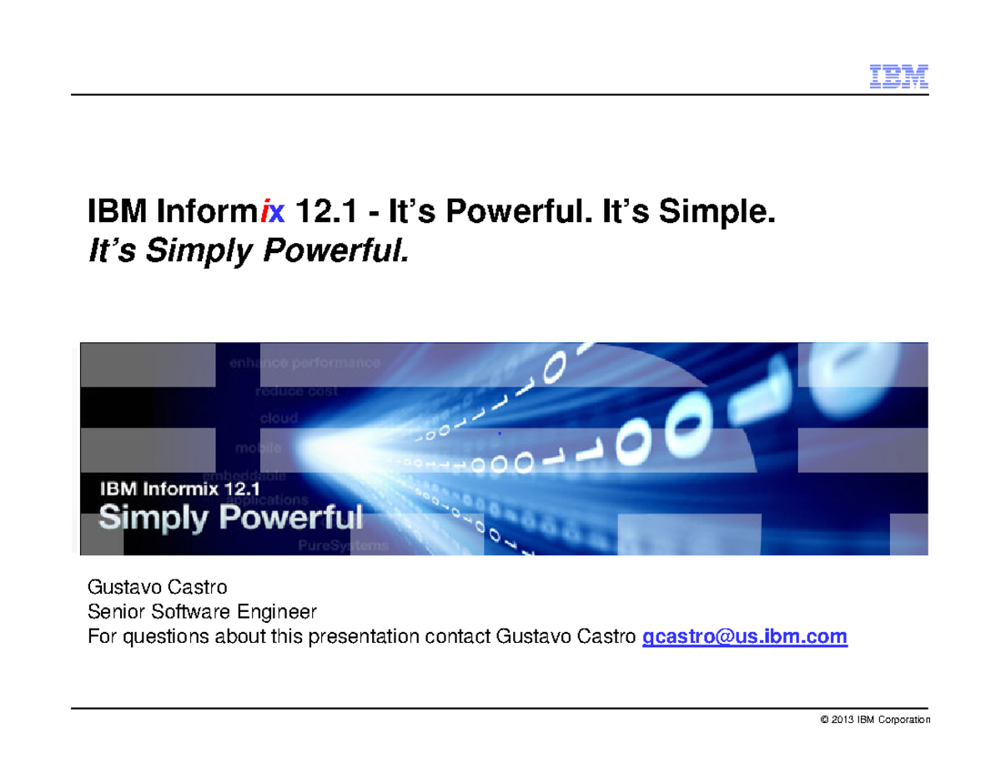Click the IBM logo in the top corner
pos(899,77)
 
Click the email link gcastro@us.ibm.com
pos(744,637)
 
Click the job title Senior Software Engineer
pos(203,612)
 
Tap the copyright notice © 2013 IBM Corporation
pos(875,720)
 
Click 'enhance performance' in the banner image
pos(304,363)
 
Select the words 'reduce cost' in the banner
pos(296,391)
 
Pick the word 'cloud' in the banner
pos(279,418)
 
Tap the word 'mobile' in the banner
pos(258,448)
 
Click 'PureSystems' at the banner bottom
pos(343,545)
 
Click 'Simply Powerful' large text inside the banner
pos(231,517)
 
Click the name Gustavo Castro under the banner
pos(157,588)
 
